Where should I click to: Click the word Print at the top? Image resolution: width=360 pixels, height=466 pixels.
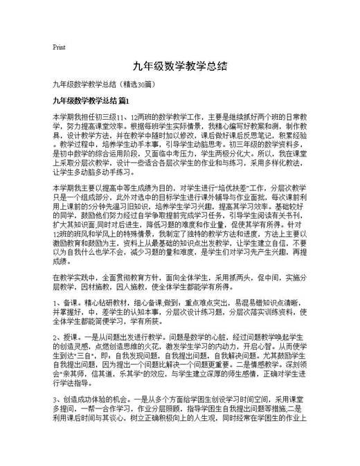coord(59,48)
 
